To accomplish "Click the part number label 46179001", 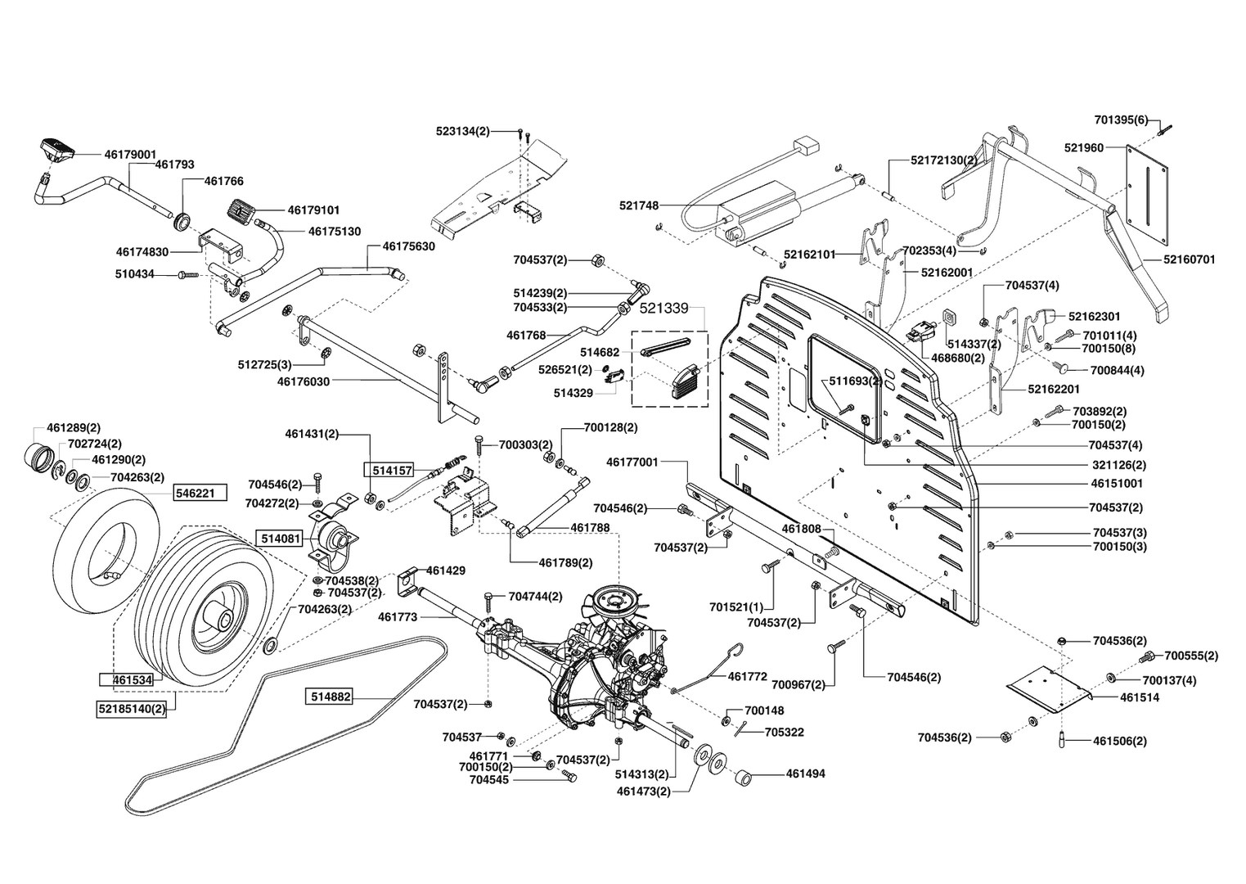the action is point(130,154).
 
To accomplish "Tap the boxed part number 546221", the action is point(200,494).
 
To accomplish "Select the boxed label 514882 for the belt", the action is point(329,697).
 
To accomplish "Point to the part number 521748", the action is point(639,205).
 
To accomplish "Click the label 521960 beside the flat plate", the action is point(1084,147).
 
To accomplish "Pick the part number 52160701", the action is point(1190,259).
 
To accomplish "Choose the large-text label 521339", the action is point(664,308).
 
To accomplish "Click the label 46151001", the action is point(1117,483).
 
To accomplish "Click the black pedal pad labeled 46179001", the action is point(57,149).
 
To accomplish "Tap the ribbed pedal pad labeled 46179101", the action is point(241,210).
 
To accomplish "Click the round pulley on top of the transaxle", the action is point(615,601).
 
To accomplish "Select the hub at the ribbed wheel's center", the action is point(223,622).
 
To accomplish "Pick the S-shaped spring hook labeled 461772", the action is point(708,668).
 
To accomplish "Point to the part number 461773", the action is point(398,616).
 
